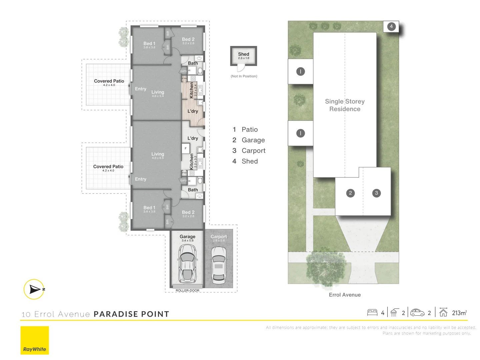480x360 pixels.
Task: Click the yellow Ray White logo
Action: click(x=35, y=340)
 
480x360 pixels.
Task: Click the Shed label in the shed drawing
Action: click(x=243, y=54)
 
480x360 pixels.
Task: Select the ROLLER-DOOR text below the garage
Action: click(x=187, y=291)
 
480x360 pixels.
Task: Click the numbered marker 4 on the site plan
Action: click(x=391, y=26)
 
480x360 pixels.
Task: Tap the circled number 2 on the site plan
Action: click(x=350, y=193)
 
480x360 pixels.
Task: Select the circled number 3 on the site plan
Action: click(x=376, y=193)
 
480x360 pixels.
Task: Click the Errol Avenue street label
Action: click(x=345, y=295)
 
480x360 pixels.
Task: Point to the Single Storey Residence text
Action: click(x=345, y=105)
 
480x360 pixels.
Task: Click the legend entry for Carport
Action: click(x=253, y=151)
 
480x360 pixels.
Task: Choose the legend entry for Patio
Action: click(x=249, y=129)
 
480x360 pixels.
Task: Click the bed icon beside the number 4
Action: click(x=372, y=313)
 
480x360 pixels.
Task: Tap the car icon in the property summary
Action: click(x=417, y=313)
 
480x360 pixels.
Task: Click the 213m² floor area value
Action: click(x=459, y=313)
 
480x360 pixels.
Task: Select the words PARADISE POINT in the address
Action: click(x=131, y=314)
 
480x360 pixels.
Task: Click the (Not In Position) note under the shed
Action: click(x=244, y=76)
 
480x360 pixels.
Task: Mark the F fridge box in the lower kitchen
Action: click(x=186, y=148)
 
